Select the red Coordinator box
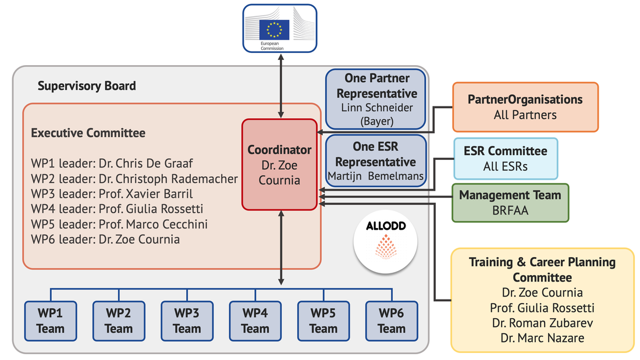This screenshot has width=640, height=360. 280,165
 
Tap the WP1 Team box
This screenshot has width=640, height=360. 51,320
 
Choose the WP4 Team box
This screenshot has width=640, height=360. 255,320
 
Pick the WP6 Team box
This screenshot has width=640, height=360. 392,320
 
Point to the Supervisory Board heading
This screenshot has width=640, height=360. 87,86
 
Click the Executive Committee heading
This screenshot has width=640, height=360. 88,133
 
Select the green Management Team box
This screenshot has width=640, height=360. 510,203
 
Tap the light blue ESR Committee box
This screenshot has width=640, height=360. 505,158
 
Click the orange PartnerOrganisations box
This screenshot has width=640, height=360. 525,106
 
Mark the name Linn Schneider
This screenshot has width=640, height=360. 376,108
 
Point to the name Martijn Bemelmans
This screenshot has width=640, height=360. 376,175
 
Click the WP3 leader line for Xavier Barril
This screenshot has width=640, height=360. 112,194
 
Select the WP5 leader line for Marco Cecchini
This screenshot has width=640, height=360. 119,224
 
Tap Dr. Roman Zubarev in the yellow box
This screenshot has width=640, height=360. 542,323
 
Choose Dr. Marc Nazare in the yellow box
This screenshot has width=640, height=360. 542,338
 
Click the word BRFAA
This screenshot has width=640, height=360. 510,211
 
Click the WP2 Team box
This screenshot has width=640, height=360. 119,320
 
